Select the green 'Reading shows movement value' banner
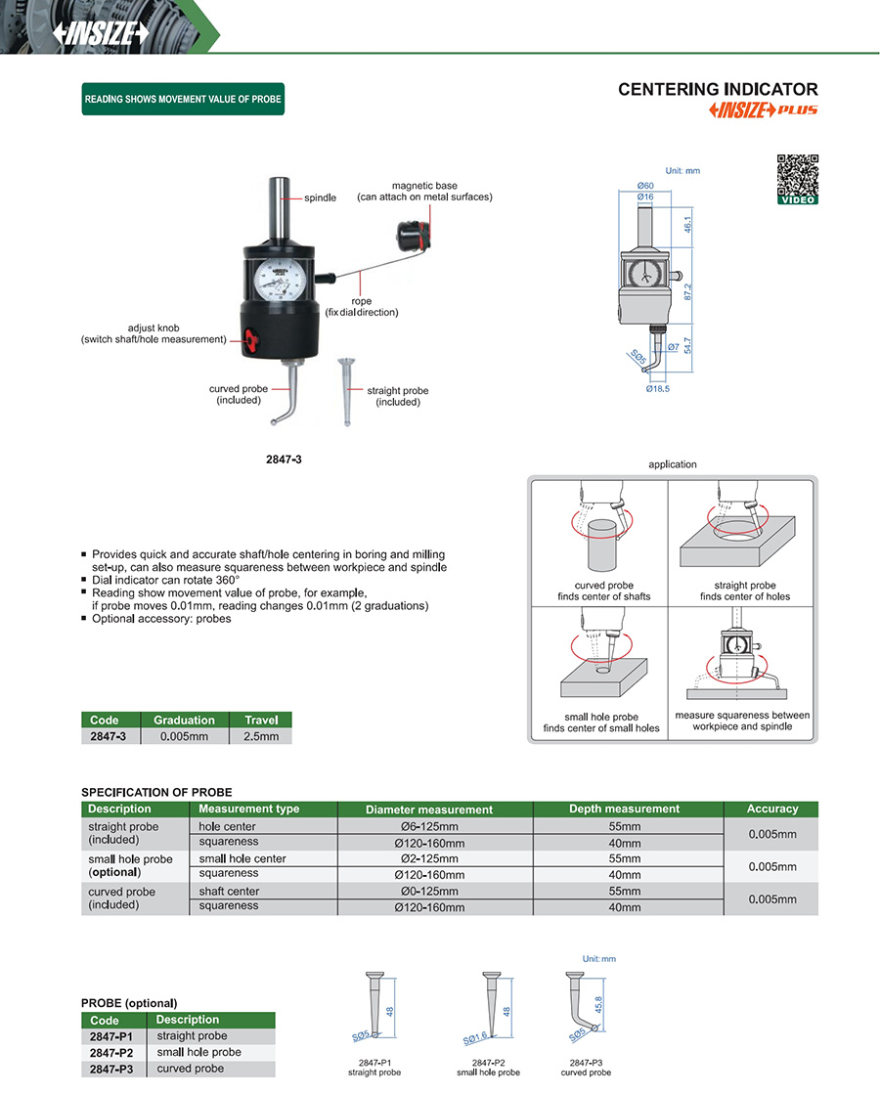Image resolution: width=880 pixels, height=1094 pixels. click(x=183, y=99)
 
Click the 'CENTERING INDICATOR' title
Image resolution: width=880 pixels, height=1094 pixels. click(x=717, y=89)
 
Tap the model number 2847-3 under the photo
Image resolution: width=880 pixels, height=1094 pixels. click(x=284, y=459)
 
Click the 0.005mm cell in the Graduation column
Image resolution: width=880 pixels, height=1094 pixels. click(x=184, y=736)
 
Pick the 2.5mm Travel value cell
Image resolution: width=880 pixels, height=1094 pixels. click(x=261, y=736)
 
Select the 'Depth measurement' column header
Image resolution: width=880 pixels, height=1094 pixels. click(x=624, y=809)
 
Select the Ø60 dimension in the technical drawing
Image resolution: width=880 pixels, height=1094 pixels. click(x=645, y=186)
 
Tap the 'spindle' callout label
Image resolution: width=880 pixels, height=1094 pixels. click(x=320, y=197)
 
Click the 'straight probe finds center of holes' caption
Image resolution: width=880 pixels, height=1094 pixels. click(x=744, y=591)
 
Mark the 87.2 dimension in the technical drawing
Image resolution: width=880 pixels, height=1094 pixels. click(x=688, y=292)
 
